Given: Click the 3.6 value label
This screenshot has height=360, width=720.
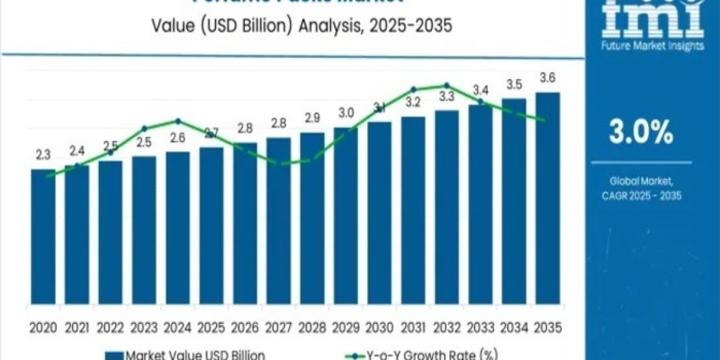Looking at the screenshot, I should point(547,78).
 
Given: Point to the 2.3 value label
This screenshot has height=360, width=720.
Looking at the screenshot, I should point(43,155).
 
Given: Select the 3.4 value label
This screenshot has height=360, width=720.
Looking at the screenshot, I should point(480,91).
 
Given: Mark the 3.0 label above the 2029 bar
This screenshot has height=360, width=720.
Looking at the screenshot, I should point(346,113).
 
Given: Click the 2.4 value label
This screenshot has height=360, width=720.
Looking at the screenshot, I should point(77,151).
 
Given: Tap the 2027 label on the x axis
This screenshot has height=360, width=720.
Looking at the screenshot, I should point(278,328).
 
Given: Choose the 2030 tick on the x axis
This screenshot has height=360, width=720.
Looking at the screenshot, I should point(379,328).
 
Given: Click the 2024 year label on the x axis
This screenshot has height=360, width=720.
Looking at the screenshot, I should point(178,328).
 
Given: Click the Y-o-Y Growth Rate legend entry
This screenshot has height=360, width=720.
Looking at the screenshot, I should point(429,355).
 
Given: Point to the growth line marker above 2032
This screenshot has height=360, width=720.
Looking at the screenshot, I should point(446,85).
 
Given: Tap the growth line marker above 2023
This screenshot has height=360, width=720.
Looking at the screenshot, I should point(144,128).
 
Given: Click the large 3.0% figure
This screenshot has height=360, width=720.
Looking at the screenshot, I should point(641,133).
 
